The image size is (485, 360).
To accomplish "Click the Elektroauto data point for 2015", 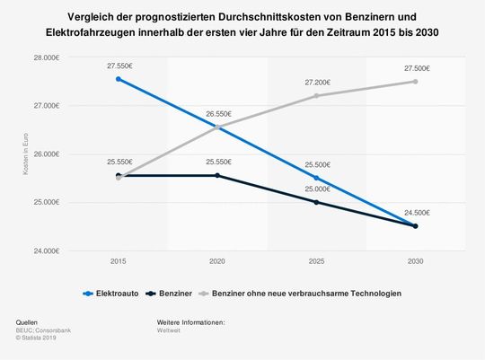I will (x=119, y=79).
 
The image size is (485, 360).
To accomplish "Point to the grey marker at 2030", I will (x=415, y=81).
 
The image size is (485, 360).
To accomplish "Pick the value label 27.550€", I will (x=119, y=66).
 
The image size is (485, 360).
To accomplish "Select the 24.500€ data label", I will (x=415, y=213).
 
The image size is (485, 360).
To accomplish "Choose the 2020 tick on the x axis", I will (x=217, y=261).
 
